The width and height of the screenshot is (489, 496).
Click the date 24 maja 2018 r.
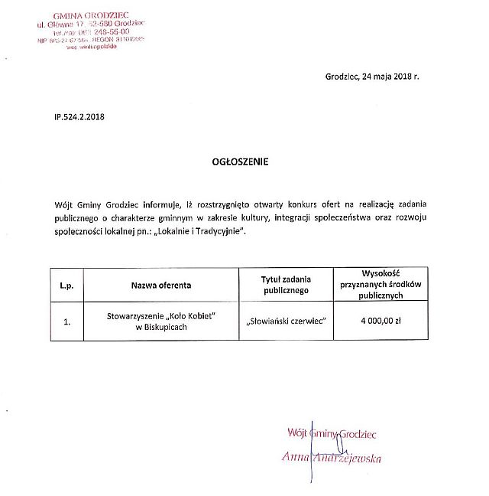(x=392, y=77)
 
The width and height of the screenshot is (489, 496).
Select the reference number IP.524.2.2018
(x=79, y=117)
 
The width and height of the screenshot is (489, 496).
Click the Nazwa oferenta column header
(x=160, y=285)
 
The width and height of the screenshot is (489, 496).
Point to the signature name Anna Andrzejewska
(x=332, y=458)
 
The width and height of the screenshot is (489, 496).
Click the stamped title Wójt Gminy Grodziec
(x=332, y=434)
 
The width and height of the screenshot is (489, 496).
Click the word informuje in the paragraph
(x=161, y=204)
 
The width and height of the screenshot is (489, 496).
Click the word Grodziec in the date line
(x=342, y=77)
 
